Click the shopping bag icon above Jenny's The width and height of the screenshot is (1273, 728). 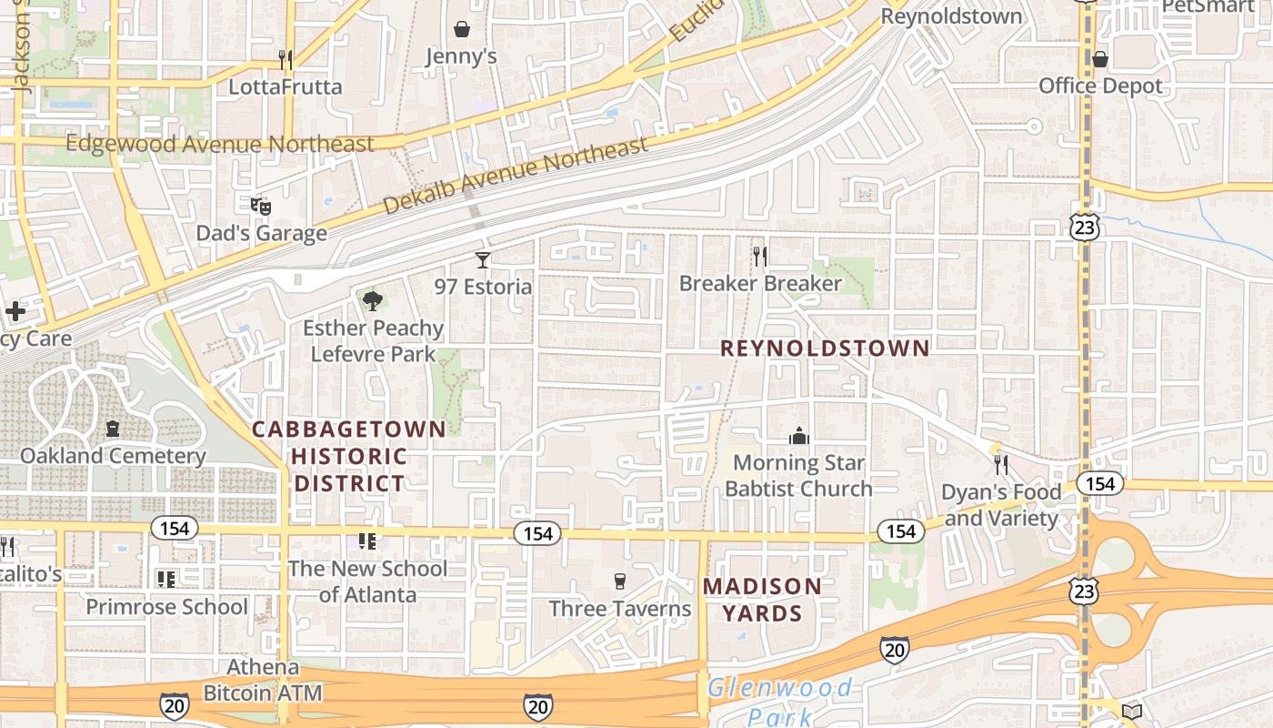pos(462,29)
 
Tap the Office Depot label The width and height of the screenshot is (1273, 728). pos(1100,86)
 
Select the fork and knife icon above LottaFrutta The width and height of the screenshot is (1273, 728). pos(286,60)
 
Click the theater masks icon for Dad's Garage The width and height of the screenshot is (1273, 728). pos(261,207)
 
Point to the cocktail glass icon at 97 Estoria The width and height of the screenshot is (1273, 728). pos(483,260)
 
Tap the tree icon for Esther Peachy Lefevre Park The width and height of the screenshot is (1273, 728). pos(372,299)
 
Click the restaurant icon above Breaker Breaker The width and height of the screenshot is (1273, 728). pos(760,257)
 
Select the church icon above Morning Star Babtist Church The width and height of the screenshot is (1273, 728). pos(799,436)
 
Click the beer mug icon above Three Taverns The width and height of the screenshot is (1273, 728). pos(620,581)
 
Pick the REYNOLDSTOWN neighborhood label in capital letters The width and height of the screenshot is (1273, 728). pos(826,349)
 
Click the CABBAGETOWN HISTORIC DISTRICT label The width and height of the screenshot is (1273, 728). pos(349,456)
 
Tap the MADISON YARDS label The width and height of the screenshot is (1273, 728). pos(762,600)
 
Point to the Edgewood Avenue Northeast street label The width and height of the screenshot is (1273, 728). pos(219,145)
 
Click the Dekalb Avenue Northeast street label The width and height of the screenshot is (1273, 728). pos(515,176)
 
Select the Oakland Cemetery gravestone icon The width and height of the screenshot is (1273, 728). pos(113,428)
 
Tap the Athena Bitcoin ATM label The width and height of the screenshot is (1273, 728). pos(262,680)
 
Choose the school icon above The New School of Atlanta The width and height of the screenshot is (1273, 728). pos(367,541)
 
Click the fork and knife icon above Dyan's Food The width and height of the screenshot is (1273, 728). pos(1000,465)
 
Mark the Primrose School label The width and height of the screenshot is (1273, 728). pos(166,607)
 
